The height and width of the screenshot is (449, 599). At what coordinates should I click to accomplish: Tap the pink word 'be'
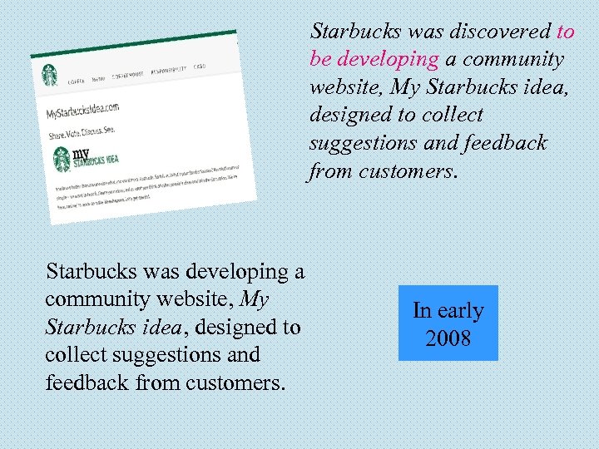[x=321, y=60]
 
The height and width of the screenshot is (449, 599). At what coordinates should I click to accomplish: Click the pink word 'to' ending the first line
[x=565, y=32]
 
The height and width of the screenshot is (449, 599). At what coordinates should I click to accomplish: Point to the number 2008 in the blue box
[x=448, y=338]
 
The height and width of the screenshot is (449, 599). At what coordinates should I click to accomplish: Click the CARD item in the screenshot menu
[x=200, y=67]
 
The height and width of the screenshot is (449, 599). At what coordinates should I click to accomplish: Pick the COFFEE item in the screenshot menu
[x=77, y=81]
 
